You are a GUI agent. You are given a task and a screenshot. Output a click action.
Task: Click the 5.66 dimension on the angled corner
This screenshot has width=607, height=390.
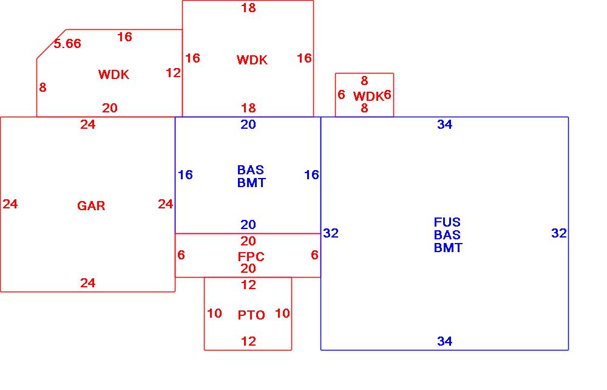point(67,44)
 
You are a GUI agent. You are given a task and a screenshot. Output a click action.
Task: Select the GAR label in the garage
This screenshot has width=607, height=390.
point(91,206)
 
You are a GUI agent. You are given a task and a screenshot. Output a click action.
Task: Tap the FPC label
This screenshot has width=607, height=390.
point(251,257)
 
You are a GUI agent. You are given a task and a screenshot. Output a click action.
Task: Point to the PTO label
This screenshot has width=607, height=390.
point(251,315)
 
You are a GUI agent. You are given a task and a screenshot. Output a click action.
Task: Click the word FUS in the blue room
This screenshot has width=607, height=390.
point(447,222)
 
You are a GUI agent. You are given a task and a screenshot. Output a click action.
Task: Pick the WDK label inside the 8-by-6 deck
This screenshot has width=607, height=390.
point(368,96)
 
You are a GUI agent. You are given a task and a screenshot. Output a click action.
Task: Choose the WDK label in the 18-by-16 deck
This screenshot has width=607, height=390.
point(252,60)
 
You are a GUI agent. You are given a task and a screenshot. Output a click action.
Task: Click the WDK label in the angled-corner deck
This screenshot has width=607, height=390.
point(114,75)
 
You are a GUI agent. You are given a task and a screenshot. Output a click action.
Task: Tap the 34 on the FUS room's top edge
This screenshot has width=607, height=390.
point(445,125)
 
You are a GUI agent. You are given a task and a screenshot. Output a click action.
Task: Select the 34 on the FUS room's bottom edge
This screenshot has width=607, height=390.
point(445,341)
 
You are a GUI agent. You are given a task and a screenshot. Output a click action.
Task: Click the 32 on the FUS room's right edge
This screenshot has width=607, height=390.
point(558,233)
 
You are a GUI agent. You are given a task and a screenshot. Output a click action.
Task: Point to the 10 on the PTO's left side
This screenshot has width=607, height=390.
point(214,313)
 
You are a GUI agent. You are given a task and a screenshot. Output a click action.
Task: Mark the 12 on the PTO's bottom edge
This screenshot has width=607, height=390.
point(248,341)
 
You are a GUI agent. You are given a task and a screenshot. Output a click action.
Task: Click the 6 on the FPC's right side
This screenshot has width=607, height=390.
point(314,255)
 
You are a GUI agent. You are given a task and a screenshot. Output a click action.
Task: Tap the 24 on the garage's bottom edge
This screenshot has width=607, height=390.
point(88,283)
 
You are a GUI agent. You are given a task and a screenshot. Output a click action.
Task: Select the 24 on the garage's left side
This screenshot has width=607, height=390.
point(10,204)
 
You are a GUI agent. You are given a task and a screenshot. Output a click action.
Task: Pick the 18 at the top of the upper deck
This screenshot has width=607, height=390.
point(248,8)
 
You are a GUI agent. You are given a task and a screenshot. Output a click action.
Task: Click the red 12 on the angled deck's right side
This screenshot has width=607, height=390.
point(173,73)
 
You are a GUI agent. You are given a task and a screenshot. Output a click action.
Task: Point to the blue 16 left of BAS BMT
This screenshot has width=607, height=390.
point(185,175)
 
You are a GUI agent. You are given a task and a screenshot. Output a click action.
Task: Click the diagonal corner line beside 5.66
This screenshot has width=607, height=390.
point(51,44)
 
